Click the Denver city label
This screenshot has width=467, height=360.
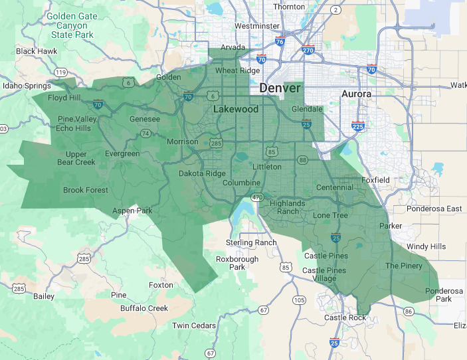(280, 88)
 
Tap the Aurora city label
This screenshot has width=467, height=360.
(356, 94)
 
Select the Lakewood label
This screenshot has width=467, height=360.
(236, 109)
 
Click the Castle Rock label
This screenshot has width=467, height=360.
(345, 318)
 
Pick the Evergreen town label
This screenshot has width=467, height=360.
(122, 153)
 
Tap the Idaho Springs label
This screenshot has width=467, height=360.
(27, 86)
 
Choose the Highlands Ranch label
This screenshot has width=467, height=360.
(288, 207)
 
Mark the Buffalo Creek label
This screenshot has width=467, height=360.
(144, 308)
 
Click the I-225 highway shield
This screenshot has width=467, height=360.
(357, 126)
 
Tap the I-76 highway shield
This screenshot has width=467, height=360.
(280, 41)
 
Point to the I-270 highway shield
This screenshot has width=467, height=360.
(308, 50)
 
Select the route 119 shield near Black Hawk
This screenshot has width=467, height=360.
(61, 72)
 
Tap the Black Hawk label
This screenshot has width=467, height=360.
(37, 51)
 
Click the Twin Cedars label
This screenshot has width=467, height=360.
(194, 325)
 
